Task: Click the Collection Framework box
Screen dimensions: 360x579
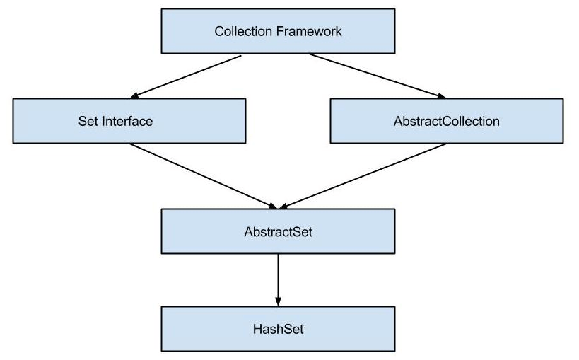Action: (x=278, y=31)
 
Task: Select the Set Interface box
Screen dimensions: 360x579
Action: (x=129, y=121)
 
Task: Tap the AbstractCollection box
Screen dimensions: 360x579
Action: (x=447, y=121)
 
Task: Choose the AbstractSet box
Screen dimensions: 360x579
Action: (x=278, y=231)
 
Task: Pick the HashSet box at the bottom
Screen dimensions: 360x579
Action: (x=278, y=329)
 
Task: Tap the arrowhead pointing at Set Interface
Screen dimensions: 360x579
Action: (x=137, y=95)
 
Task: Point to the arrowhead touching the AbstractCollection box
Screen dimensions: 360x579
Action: (x=441, y=95)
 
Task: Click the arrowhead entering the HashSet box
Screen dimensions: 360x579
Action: (x=278, y=301)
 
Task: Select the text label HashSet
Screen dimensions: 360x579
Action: (x=278, y=329)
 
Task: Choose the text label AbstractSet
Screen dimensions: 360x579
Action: (x=278, y=231)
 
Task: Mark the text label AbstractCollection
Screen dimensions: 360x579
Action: (x=447, y=121)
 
